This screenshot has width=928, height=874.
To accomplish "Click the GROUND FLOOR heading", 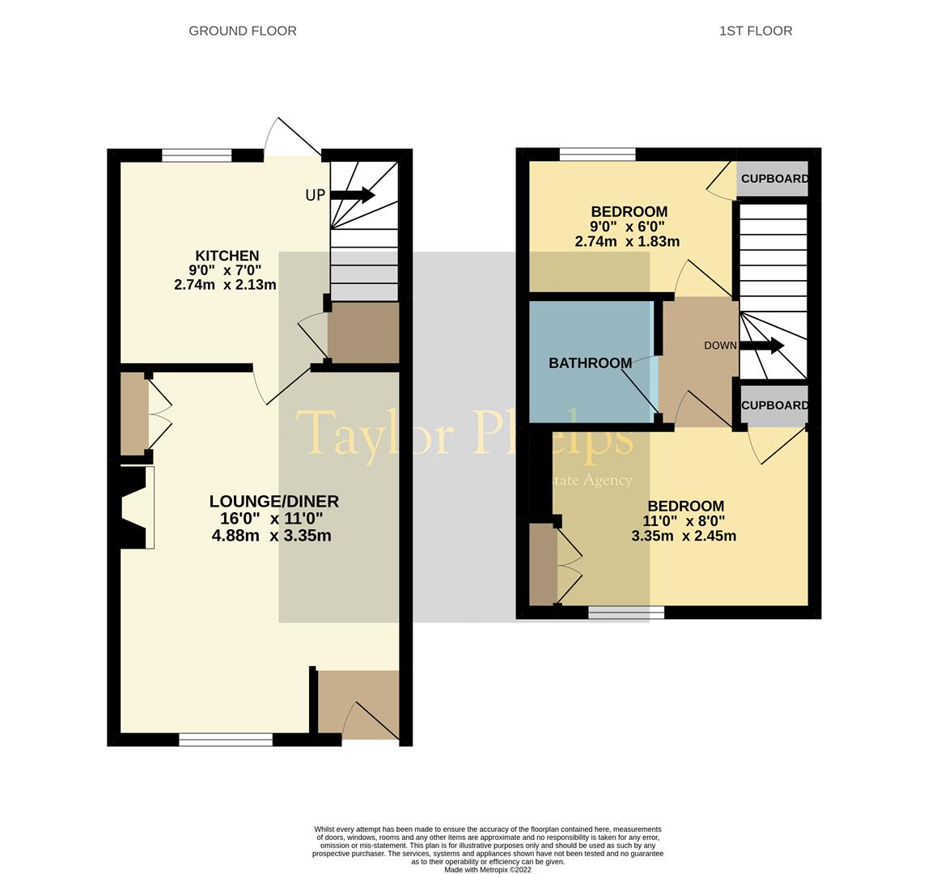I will pos(243,31).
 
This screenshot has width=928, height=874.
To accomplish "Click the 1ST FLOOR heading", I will pos(756,31).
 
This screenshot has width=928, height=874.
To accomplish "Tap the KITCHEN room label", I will pos(227,256).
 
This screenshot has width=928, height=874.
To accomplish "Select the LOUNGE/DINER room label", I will pos(273,502).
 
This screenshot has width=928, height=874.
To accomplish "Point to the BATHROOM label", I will pos(590,363).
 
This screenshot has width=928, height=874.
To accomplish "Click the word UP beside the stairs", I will pos(315,196).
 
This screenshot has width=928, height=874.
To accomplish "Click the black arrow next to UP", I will pos(353,195).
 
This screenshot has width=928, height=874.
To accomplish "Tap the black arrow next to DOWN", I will pos(761,346).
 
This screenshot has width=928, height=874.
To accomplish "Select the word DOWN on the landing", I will pos(720,346).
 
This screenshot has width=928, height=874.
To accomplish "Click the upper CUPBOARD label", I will pos(774,179).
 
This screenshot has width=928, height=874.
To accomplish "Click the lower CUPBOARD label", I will pos(774,405).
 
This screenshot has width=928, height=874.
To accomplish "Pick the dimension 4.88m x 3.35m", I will pos(271,536).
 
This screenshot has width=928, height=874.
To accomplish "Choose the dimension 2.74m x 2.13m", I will pos(225,285).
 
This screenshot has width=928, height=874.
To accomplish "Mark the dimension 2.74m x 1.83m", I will pos(627,241).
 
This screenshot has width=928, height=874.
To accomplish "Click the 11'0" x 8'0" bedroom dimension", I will pos(684,521).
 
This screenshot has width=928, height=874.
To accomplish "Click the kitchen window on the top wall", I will pos(197,155).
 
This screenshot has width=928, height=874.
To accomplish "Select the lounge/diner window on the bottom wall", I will pos(226,739).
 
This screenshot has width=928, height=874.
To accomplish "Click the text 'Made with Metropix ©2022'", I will pos(488,870).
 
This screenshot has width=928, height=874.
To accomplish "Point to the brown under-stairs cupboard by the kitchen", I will pos(363,333).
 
